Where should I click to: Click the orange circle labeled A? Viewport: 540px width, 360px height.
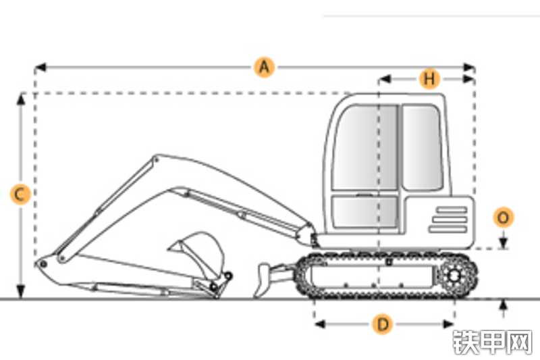click(x=265, y=67)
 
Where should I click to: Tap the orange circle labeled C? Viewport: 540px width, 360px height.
click(x=20, y=195)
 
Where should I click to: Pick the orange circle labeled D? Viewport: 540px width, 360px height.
click(x=383, y=324)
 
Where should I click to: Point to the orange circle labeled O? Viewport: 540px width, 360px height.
click(x=503, y=217)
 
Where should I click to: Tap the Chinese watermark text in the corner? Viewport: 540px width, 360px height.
click(x=492, y=342)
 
